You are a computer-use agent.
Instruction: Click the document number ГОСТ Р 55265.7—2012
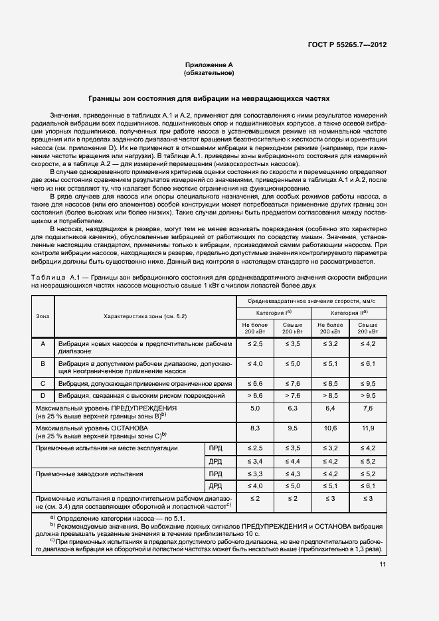click(347, 46)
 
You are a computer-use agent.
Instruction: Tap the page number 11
click(383, 565)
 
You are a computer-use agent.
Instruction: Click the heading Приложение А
click(209, 65)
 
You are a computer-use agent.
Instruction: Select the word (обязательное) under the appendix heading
click(209, 73)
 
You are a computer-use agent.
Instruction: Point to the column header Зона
click(43, 315)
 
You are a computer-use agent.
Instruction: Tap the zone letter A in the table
click(43, 343)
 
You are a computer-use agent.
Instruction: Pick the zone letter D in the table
click(43, 396)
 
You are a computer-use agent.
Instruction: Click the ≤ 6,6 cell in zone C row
click(256, 384)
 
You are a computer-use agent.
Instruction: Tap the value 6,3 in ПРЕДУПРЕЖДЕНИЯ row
click(293, 408)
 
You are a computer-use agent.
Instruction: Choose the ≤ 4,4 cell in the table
click(293, 461)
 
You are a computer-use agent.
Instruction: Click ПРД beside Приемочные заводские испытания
click(215, 474)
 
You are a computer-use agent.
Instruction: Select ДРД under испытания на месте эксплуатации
click(215, 461)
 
